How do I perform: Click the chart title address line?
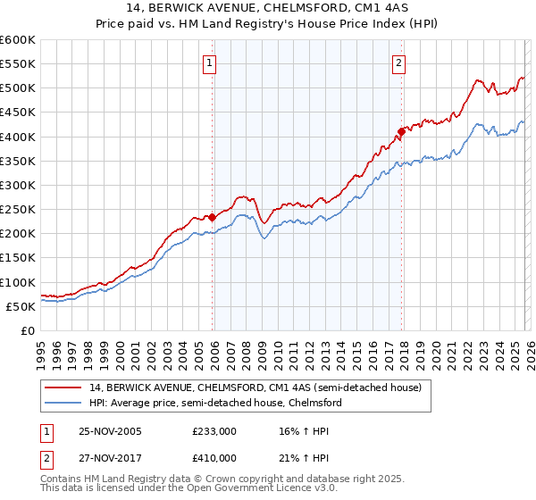[x=268, y=8]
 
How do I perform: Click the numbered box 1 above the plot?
[x=208, y=62]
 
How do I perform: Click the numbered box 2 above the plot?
[x=398, y=62]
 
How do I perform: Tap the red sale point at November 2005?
[x=212, y=217]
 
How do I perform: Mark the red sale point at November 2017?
[x=401, y=131]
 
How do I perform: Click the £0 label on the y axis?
[x=27, y=330]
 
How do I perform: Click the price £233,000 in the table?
[x=214, y=431]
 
